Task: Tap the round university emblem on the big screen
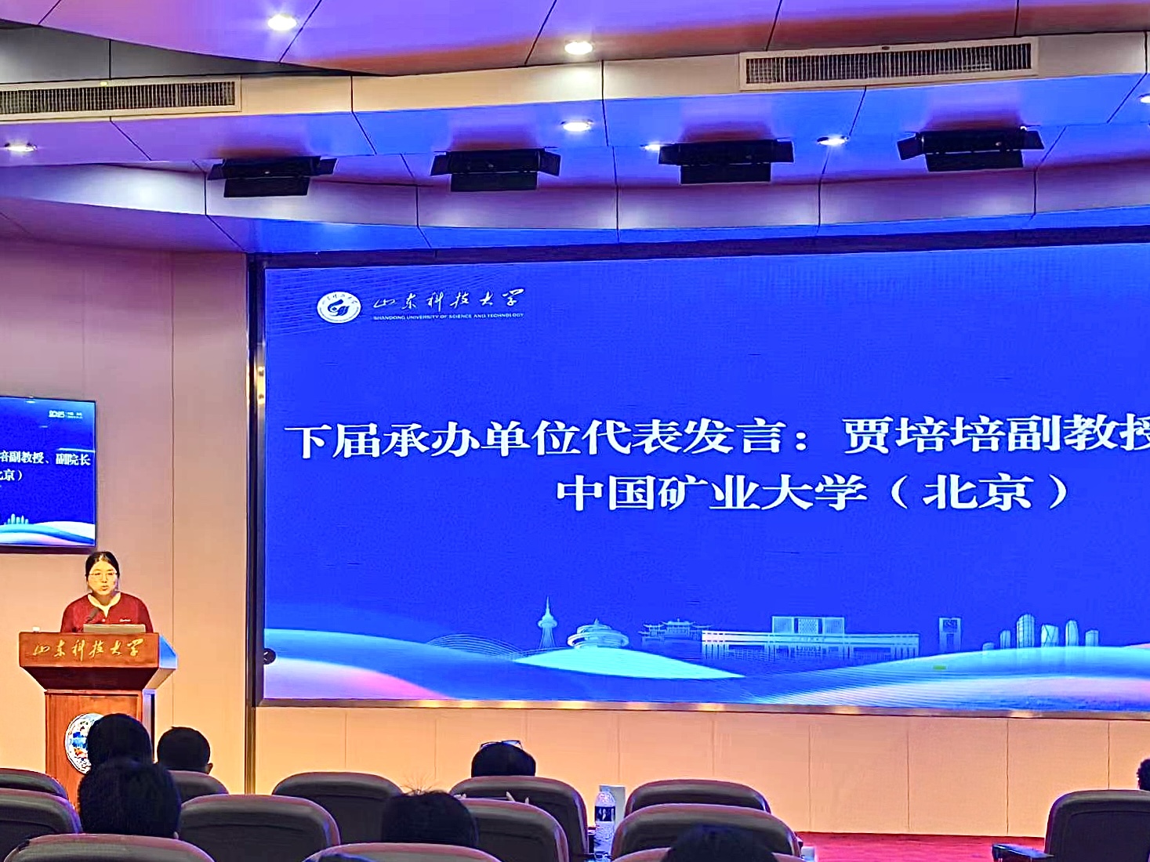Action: pos(339,306)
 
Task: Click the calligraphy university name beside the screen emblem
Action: pos(448,301)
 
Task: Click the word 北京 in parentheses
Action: pos(977,493)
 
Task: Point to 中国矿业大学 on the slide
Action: pos(710,493)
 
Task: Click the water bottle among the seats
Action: pos(604,815)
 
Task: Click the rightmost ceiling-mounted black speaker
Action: pos(971,148)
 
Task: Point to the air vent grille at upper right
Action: pos(887,63)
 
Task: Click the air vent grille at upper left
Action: pos(118,97)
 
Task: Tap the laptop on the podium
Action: pos(114,628)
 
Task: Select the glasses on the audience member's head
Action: pos(501,743)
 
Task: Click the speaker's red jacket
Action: pos(107,611)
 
